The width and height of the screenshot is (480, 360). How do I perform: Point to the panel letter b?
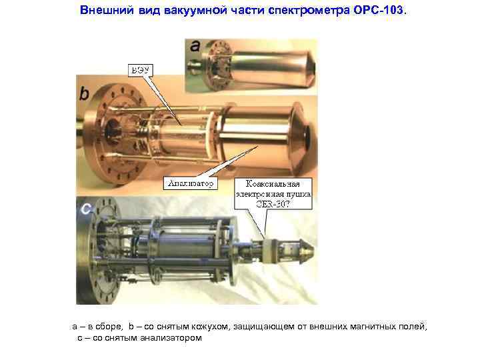[84, 94]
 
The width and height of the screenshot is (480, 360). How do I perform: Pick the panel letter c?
[85, 209]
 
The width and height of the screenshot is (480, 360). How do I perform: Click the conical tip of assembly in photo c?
[307, 251]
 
